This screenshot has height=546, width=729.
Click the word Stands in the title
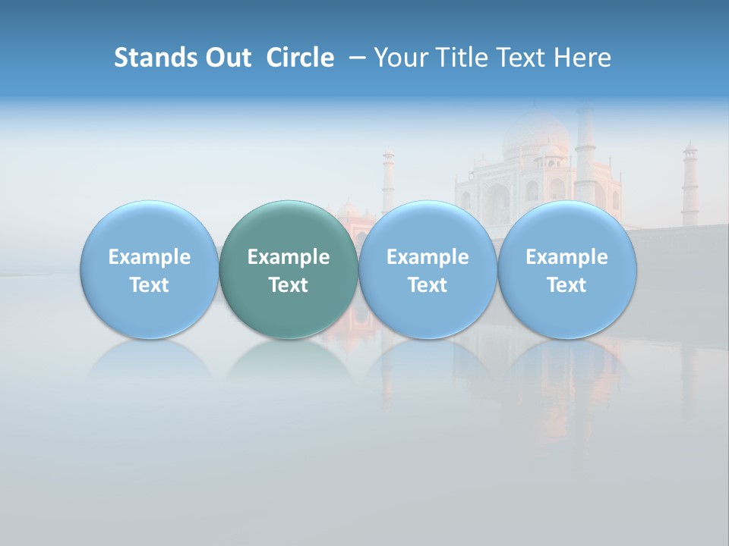pyautogui.click(x=150, y=58)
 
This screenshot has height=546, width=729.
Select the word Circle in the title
pyautogui.click(x=300, y=58)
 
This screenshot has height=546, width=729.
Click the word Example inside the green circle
pyautogui.click(x=289, y=258)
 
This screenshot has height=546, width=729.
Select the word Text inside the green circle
pyautogui.click(x=289, y=285)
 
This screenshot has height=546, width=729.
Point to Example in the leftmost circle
pyautogui.click(x=149, y=258)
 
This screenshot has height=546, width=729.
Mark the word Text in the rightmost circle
pyautogui.click(x=567, y=285)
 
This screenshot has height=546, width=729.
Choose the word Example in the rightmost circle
pyautogui.click(x=567, y=258)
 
